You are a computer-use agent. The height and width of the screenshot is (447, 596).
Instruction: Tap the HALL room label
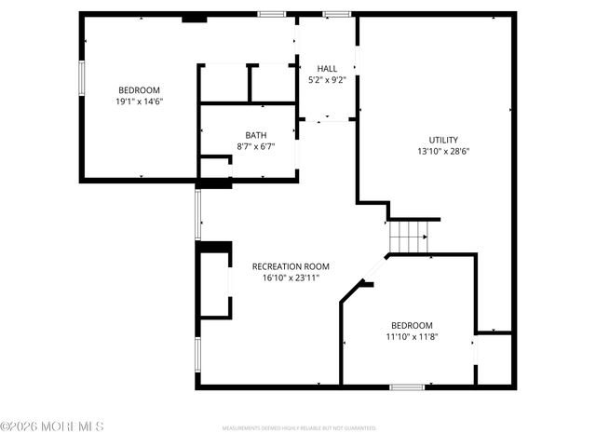point(327,69)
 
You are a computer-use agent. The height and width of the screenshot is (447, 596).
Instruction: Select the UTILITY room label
point(442,140)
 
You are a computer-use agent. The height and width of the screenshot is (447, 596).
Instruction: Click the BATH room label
point(256,135)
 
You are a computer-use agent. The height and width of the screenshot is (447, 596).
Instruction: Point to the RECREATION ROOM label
point(291,265)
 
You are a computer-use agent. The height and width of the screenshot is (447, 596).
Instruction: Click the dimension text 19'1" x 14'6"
point(140,102)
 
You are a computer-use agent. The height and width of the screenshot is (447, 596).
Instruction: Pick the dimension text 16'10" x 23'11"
point(291,277)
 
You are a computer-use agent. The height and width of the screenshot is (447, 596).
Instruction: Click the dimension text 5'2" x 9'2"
point(327,80)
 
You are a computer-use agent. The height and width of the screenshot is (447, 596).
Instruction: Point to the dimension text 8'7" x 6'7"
point(256,146)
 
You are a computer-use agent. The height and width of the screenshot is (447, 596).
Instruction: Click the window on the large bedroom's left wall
point(81,77)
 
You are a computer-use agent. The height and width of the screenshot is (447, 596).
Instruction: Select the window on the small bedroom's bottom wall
point(407,386)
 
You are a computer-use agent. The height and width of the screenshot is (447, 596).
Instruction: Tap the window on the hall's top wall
point(337,14)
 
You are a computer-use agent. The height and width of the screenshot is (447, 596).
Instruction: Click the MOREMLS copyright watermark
point(52,427)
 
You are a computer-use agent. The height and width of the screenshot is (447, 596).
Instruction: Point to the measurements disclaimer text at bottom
point(298,429)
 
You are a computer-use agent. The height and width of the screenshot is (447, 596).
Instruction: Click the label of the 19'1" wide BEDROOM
point(140,90)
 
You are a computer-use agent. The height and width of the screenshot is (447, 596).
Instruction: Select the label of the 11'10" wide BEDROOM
point(412,324)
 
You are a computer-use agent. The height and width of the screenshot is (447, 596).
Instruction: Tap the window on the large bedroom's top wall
point(271,14)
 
